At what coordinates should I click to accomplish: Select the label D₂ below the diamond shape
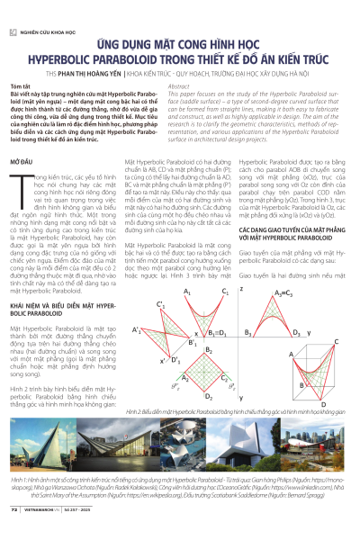click(x=209, y=394)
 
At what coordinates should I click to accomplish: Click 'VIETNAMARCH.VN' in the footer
click(x=44, y=532)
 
